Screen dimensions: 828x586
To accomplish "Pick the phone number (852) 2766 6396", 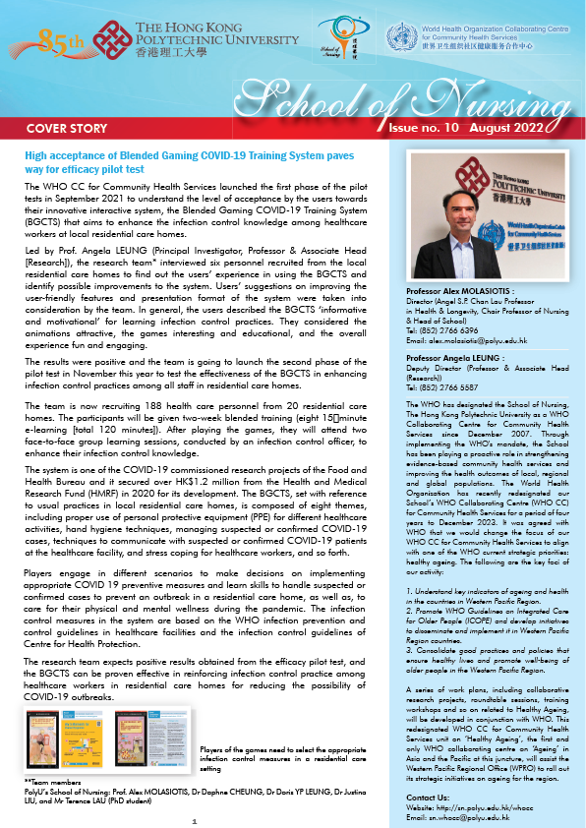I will click(453, 303).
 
